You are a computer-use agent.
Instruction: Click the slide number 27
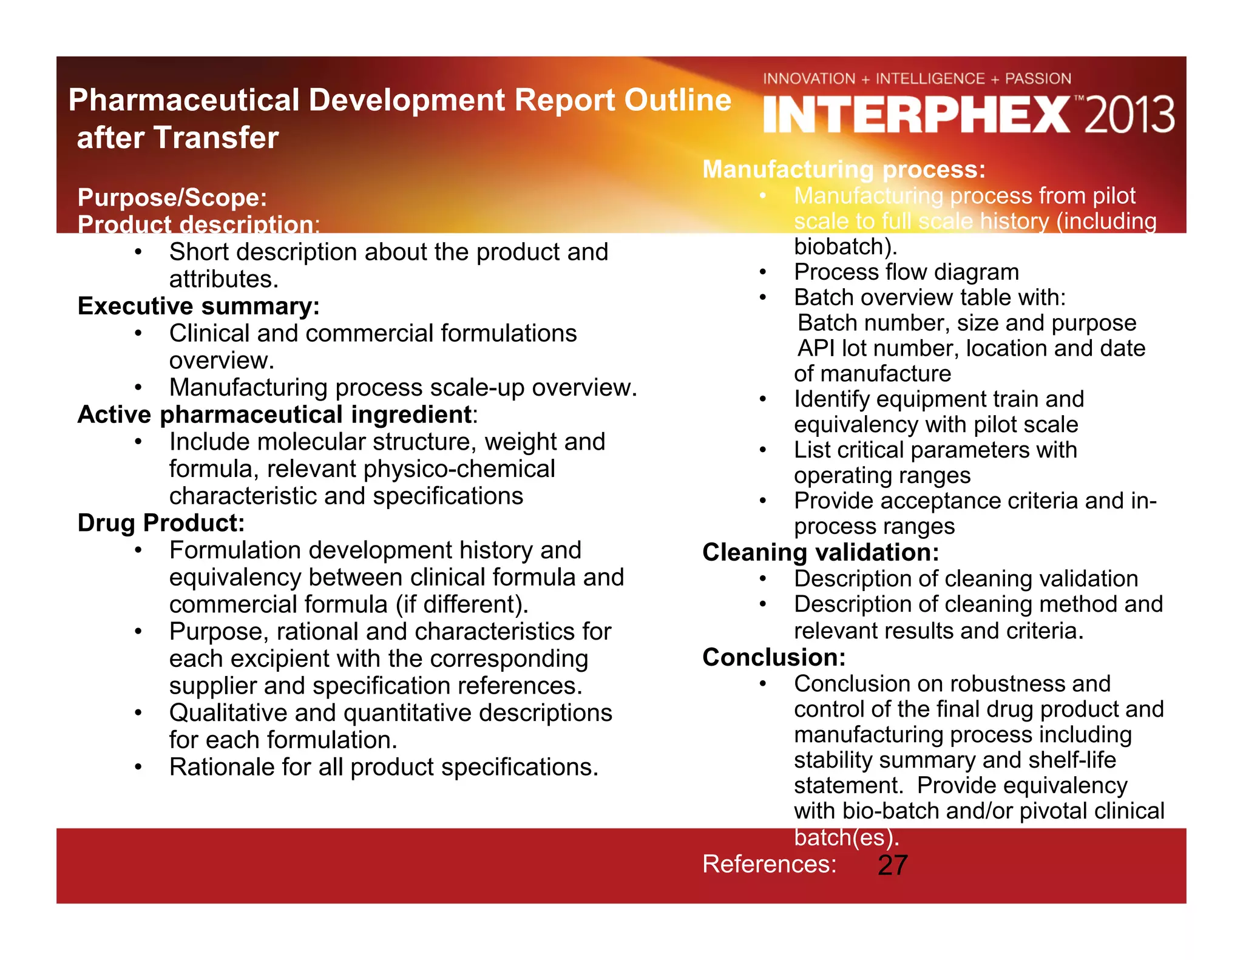892,865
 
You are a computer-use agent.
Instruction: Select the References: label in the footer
769,864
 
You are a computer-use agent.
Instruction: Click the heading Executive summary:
198,306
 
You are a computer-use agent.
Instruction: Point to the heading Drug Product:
161,522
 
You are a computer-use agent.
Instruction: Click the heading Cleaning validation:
821,552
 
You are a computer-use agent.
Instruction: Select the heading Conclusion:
774,657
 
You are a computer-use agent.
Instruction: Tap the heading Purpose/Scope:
172,197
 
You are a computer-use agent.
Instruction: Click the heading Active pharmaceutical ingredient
275,414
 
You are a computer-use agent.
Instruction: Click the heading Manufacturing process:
844,169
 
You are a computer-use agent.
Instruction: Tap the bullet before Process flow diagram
763,272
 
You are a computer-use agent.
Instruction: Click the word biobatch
843,246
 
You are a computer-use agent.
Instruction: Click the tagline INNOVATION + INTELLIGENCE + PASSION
916,79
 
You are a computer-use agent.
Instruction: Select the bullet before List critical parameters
763,450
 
